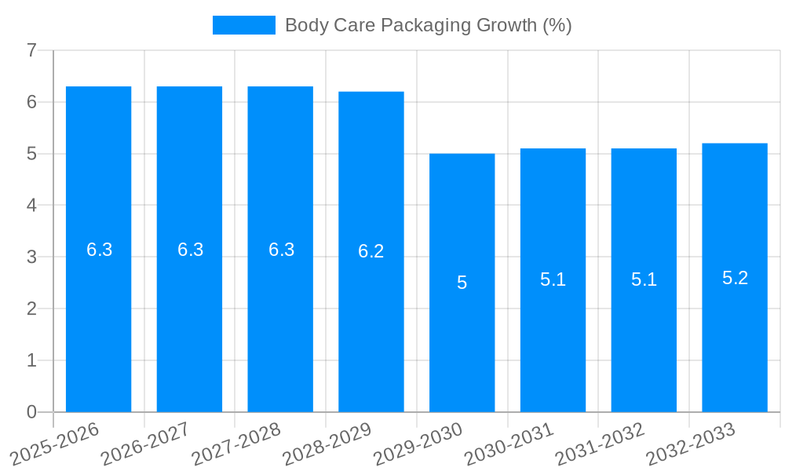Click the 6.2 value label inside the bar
pyautogui.click(x=371, y=251)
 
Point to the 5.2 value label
pyautogui.click(x=735, y=278)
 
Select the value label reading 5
pyautogui.click(x=462, y=283)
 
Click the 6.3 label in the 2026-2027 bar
pyautogui.click(x=190, y=250)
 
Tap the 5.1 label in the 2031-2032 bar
pyautogui.click(x=644, y=279)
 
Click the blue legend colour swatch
pyautogui.click(x=244, y=25)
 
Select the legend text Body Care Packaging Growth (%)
pyautogui.click(x=428, y=25)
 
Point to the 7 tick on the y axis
pyautogui.click(x=31, y=50)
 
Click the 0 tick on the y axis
pyautogui.click(x=31, y=412)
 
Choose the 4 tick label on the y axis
pyautogui.click(x=31, y=205)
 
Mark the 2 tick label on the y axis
pyautogui.click(x=31, y=309)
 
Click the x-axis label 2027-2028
pyautogui.click(x=237, y=443)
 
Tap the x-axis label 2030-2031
pyautogui.click(x=509, y=444)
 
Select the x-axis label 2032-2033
pyautogui.click(x=691, y=444)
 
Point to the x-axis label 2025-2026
pyautogui.click(x=55, y=444)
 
